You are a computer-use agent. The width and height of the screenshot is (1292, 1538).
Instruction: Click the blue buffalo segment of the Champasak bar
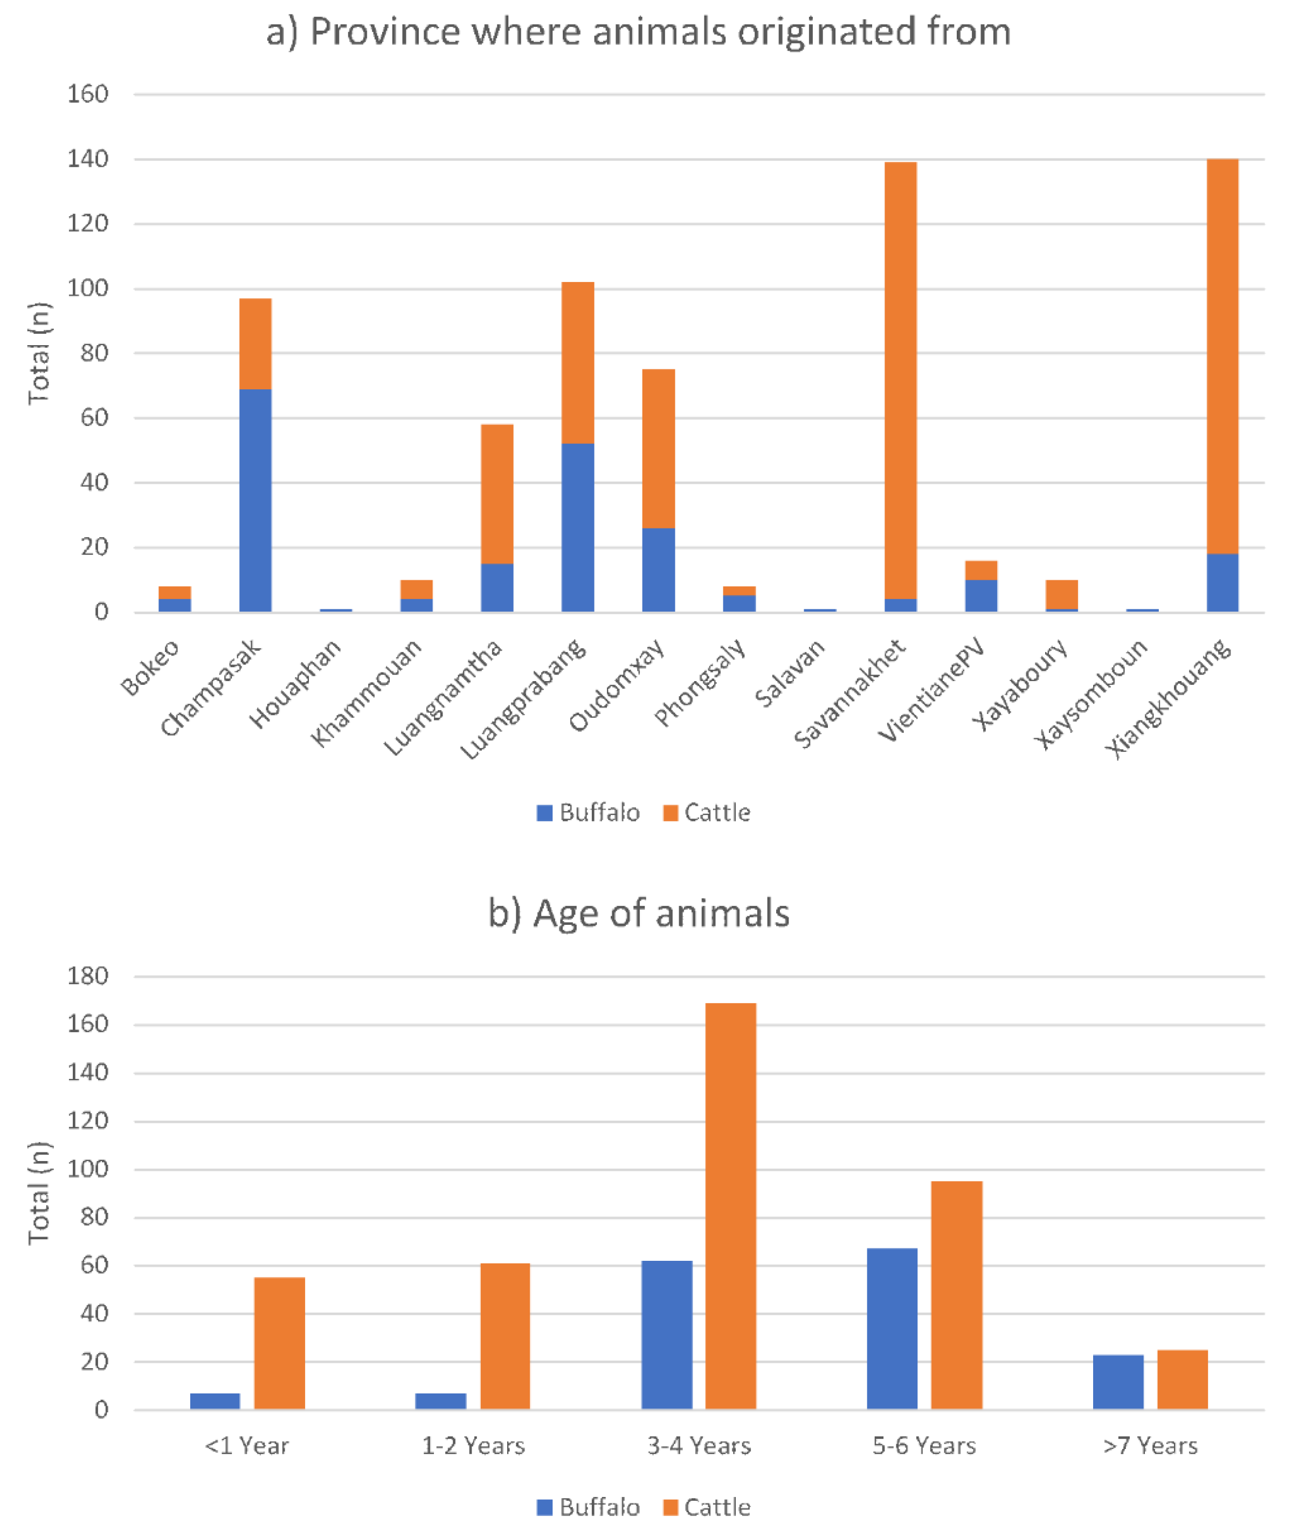click(x=255, y=500)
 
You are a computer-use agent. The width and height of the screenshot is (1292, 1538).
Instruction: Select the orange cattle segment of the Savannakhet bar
click(x=900, y=381)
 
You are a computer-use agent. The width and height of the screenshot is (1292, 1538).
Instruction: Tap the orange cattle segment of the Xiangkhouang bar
click(x=1222, y=357)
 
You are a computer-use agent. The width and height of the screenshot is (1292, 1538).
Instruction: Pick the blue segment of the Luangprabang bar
click(x=577, y=527)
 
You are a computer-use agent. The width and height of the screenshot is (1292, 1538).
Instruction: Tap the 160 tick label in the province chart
click(x=87, y=94)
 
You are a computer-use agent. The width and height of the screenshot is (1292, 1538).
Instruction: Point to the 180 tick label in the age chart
click(x=87, y=976)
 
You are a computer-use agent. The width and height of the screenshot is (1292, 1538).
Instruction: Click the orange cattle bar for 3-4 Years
click(x=730, y=1206)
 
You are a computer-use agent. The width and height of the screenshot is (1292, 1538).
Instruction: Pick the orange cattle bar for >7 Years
click(x=1182, y=1380)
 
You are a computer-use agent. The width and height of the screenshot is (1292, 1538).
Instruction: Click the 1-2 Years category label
click(x=473, y=1446)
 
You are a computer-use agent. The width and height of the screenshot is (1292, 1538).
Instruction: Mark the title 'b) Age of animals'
click(x=639, y=914)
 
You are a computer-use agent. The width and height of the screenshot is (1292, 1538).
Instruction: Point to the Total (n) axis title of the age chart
click(x=39, y=1193)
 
